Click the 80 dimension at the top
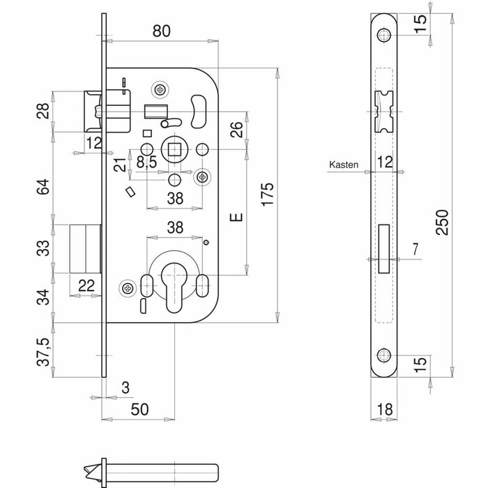(x=162, y=31)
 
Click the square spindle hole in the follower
(x=174, y=148)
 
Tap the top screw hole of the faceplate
(x=383, y=36)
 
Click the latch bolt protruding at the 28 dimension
(x=91, y=111)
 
